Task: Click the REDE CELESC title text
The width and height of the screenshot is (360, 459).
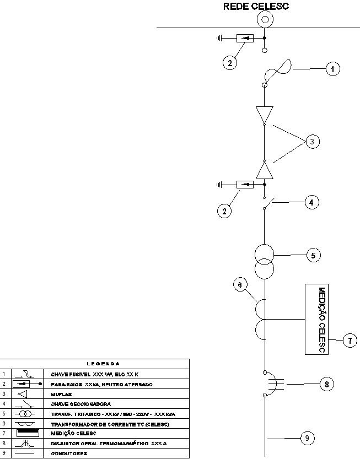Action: [256, 7]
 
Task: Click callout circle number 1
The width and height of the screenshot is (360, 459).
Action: [332, 69]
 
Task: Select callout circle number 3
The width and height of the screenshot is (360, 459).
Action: [312, 142]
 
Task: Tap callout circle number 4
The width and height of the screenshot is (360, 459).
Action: [311, 202]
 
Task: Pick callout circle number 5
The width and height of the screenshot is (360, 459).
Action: [313, 256]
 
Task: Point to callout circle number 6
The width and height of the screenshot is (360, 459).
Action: [239, 284]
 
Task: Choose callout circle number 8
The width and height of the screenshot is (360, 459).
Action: [327, 385]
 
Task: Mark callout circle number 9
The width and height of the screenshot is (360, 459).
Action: [308, 438]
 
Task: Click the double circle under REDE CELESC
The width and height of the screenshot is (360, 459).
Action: [265, 20]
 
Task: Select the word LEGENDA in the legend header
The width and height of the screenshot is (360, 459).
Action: [104, 364]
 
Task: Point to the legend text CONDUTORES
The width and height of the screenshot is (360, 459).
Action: [69, 453]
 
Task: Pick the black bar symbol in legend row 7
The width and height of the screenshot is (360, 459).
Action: [25, 433]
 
